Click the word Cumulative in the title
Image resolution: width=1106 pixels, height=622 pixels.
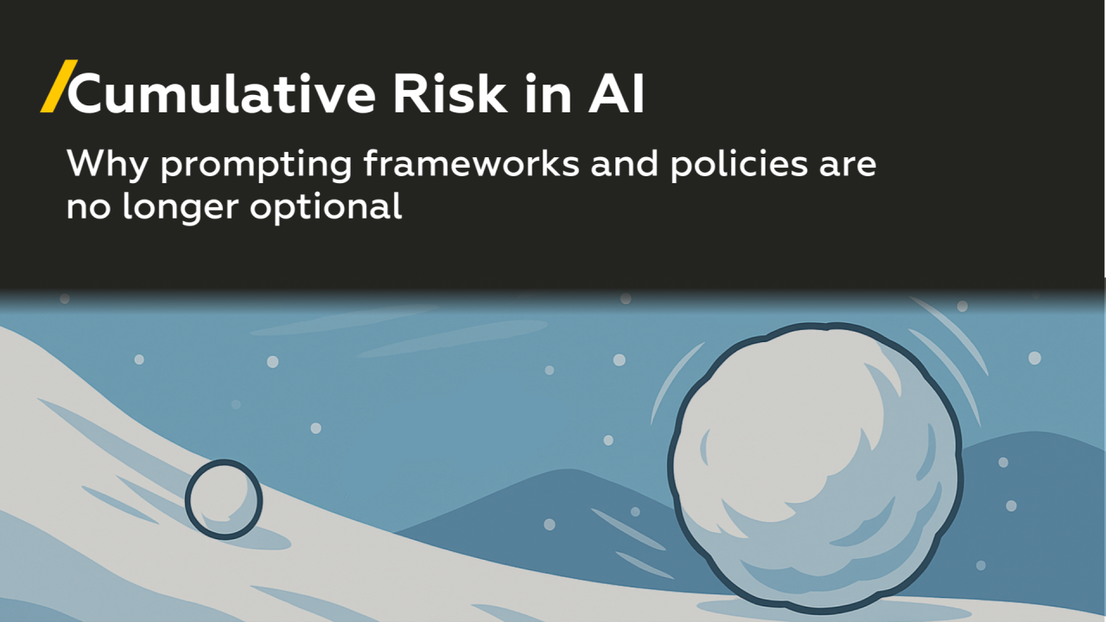[221, 95]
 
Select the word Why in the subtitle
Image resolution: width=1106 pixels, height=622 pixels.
[108, 164]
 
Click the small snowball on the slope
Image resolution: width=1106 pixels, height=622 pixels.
[223, 499]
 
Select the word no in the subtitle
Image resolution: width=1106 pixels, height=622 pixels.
[87, 208]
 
